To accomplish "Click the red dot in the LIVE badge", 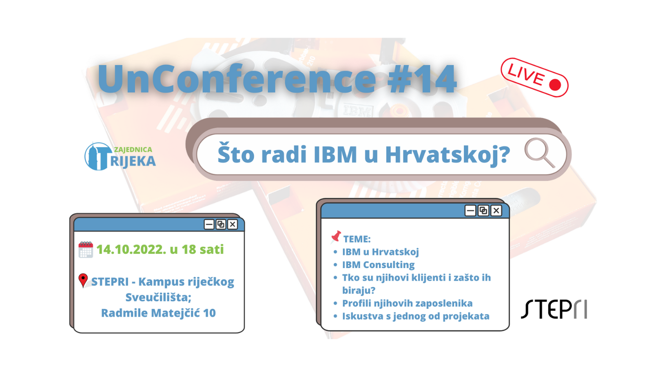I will point(555,84).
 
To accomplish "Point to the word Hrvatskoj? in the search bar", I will point(447,154).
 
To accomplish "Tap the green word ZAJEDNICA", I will point(133,150).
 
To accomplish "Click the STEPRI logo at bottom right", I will point(554,309).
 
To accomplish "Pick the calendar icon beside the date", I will point(86,250).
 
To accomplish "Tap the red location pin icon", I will point(83,280).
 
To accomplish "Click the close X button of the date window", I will point(233,224).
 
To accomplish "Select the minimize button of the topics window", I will point(470,211).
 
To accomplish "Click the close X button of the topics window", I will point(496,211).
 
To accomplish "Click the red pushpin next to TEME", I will point(336,237).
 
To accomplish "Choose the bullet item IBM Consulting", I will point(378,265).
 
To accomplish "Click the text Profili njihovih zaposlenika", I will point(407,303).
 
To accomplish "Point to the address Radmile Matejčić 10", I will point(158,313).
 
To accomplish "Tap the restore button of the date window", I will point(221,224).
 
